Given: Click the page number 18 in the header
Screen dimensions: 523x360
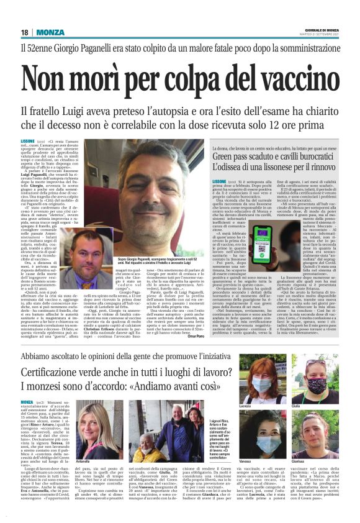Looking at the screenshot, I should pyautogui.click(x=25, y=32).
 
